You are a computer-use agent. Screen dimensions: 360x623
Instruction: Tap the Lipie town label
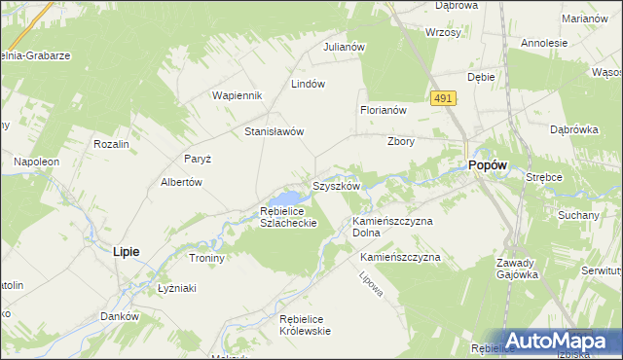pos(126,251)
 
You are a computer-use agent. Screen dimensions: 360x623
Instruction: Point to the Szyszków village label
pos(336,185)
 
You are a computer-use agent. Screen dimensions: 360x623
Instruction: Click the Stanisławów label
pos(275,131)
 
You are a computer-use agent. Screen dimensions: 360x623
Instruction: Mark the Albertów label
pos(180,182)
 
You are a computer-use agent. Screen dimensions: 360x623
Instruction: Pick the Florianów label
pos(383,111)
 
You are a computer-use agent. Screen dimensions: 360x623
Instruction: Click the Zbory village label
pos(401,140)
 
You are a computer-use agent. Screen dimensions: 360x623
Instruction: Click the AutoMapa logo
pos(559,342)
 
